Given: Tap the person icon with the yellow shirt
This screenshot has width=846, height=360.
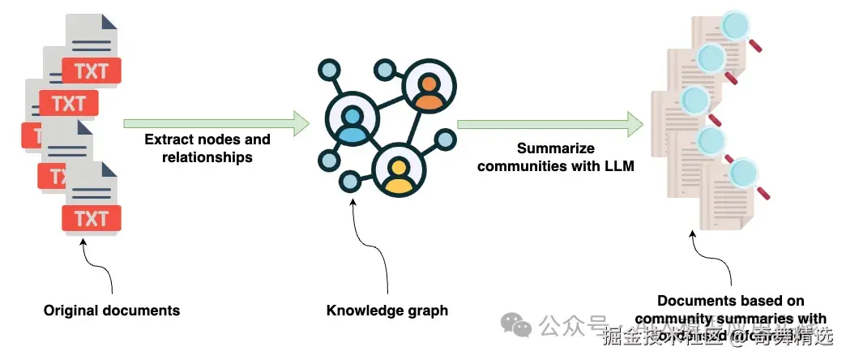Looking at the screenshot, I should click(399, 172).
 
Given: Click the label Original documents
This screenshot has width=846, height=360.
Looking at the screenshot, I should click(112, 311).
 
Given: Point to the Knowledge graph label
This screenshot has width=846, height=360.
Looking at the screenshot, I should click(387, 311).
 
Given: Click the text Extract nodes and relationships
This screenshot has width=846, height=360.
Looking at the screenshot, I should click(207, 148).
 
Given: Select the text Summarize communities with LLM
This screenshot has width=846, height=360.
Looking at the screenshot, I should click(556, 157).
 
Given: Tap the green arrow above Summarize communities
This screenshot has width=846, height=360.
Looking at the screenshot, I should click(550, 124).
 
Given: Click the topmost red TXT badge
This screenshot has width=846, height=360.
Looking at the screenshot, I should click(92, 71).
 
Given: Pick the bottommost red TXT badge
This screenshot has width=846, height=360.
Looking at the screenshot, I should click(92, 218).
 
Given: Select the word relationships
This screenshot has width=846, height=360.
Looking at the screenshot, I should click(207, 157).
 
